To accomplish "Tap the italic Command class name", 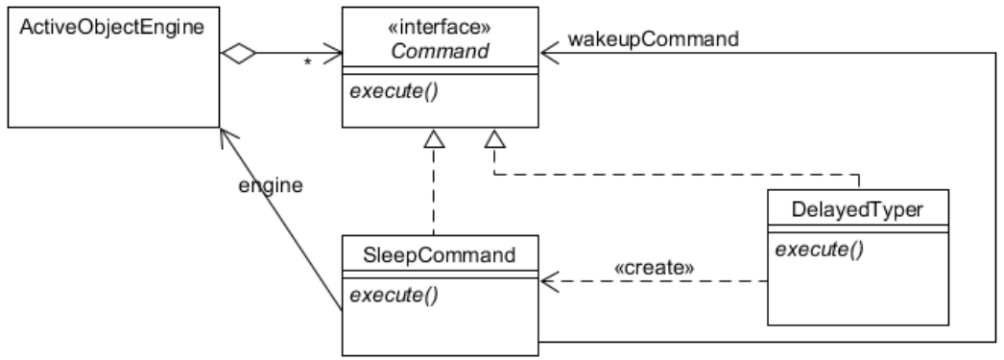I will click(x=441, y=40).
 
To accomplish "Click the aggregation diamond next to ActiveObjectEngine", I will click(x=239, y=55).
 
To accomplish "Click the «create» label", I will click(x=654, y=267).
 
